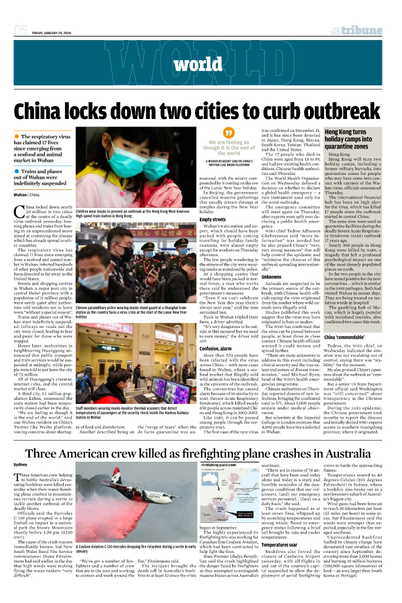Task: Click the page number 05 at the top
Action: click(x=21, y=30)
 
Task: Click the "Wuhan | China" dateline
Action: click(x=27, y=194)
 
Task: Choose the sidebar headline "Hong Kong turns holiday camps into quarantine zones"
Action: click(x=354, y=140)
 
